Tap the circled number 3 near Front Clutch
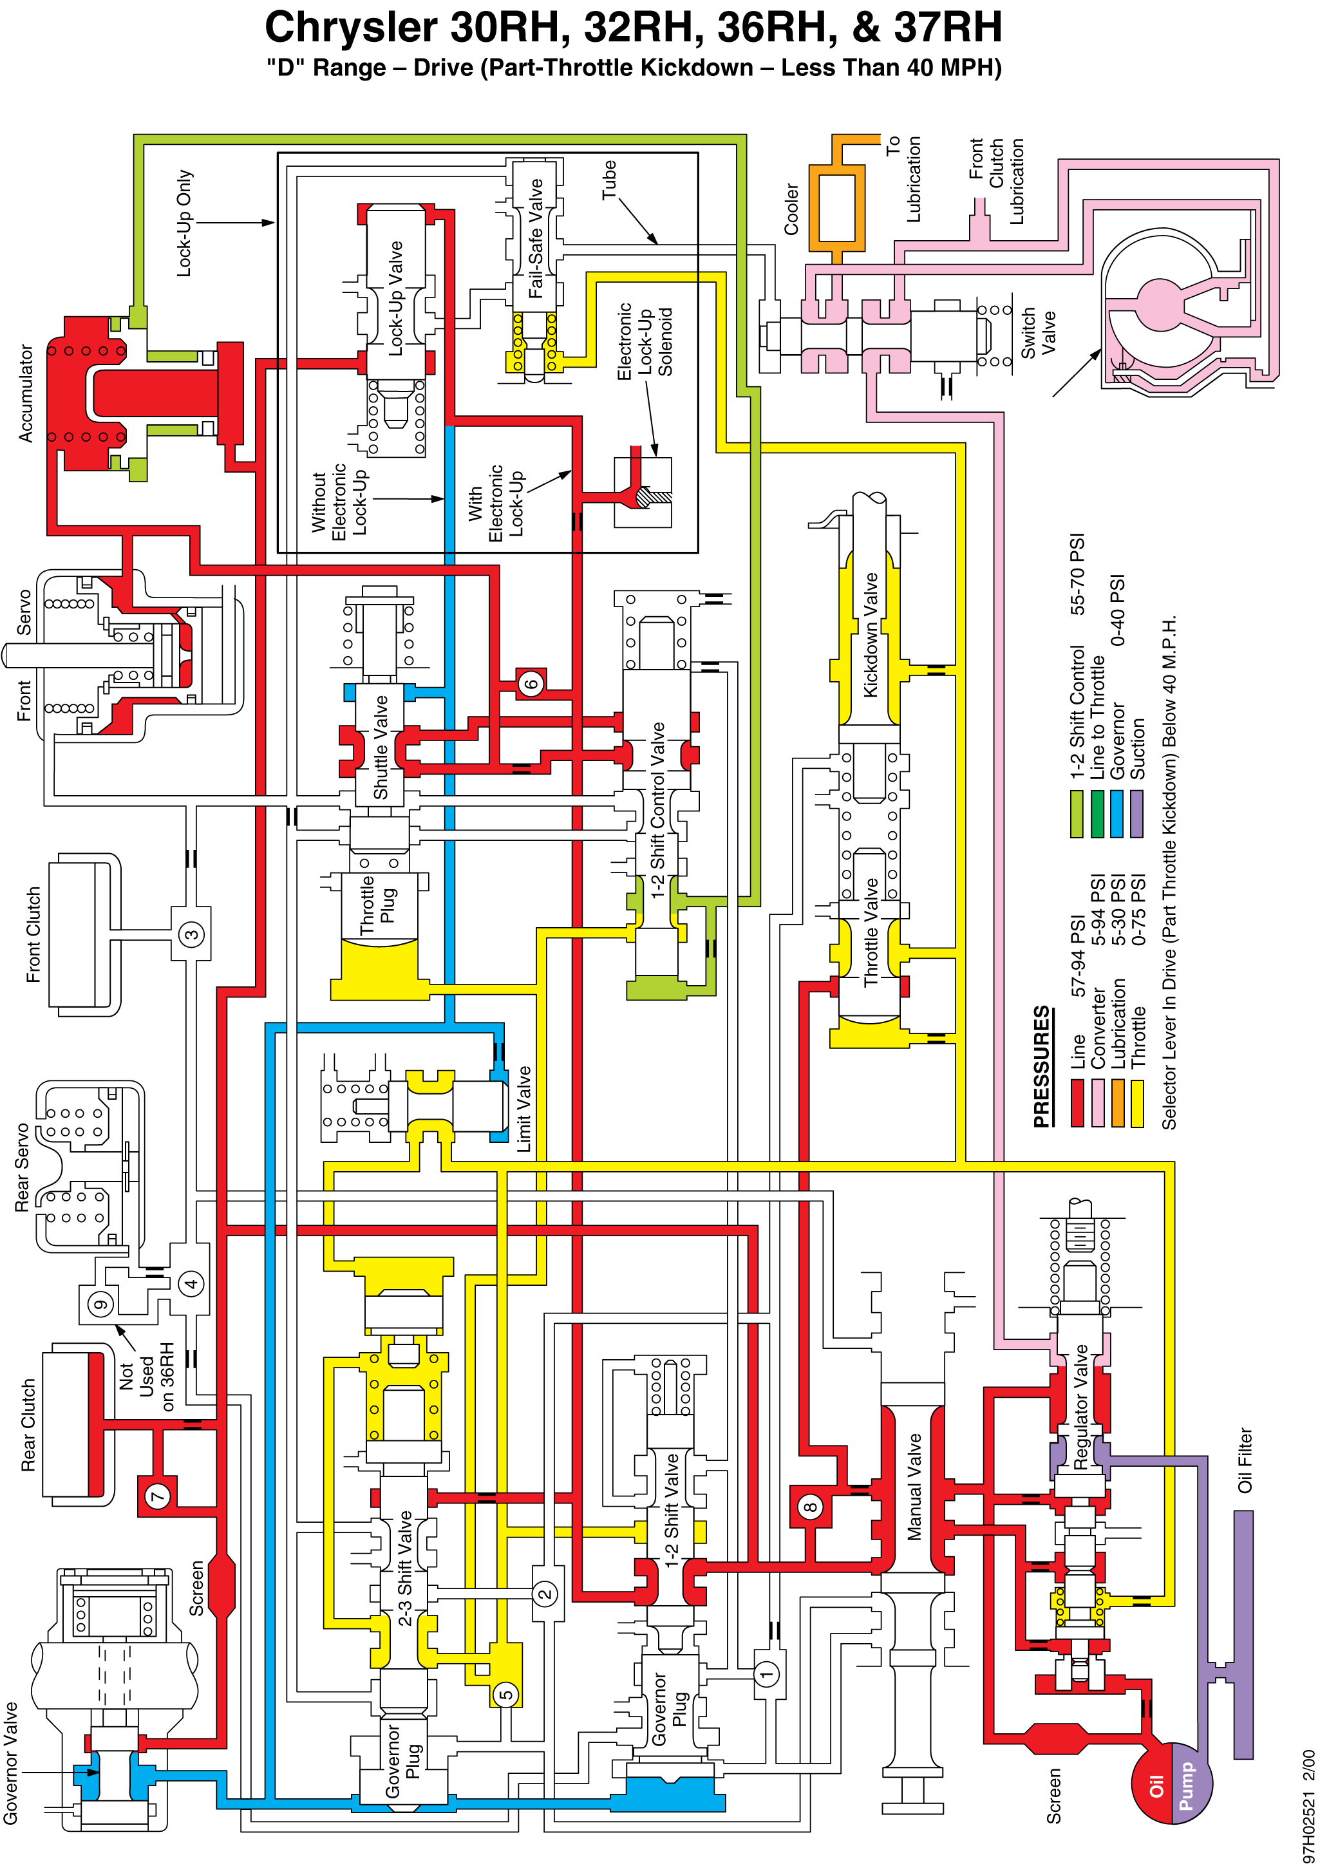tap(191, 934)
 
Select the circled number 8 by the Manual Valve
tap(811, 1507)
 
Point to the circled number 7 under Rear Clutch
tap(157, 1495)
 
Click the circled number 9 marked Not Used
tap(100, 1304)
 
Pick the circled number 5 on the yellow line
tap(506, 1694)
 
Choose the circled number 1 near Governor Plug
tap(767, 1674)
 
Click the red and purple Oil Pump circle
tap(1171, 1783)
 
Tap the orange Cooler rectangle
tap(836, 208)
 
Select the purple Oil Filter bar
tap(1243, 1635)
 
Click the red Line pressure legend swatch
tap(1077, 1103)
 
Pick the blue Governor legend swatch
tap(1116, 814)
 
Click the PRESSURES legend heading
tap(1042, 1066)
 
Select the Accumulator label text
tap(26, 393)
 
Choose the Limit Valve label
tap(523, 1109)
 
